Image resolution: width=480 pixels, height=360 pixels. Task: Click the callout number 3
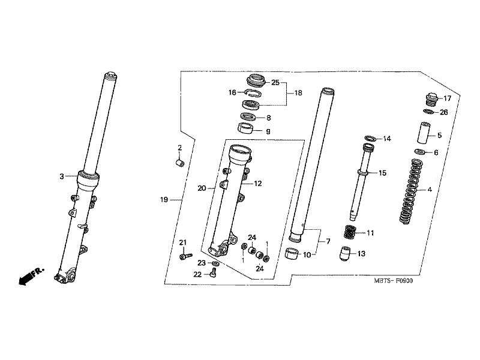click(x=61, y=176)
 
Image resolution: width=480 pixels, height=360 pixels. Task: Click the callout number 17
click(x=446, y=98)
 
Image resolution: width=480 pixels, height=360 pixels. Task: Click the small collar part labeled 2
click(x=179, y=164)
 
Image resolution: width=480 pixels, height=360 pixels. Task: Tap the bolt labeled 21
click(x=184, y=257)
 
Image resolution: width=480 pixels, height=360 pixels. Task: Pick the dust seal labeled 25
click(x=256, y=80)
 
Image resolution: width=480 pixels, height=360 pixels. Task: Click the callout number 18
click(x=298, y=94)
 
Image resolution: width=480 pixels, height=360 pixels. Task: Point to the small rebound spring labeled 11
click(x=350, y=231)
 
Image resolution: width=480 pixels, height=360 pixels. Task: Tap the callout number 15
click(x=383, y=173)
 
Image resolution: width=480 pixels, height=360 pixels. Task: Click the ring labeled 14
click(x=370, y=139)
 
